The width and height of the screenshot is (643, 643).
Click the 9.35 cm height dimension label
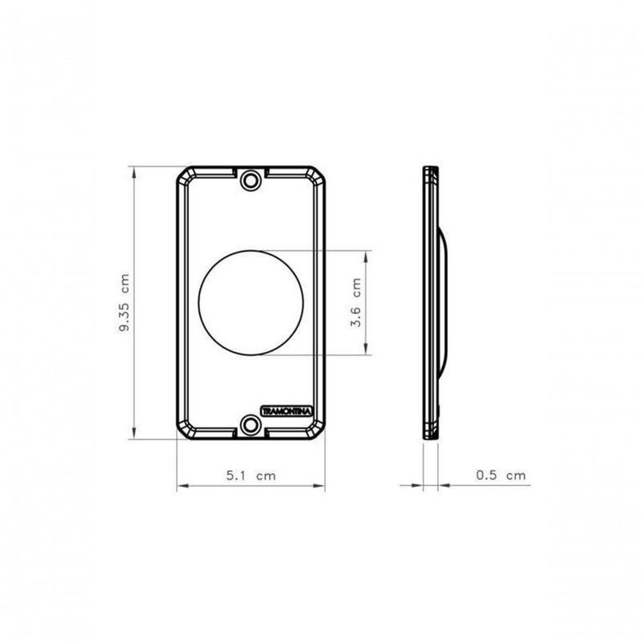(125, 303)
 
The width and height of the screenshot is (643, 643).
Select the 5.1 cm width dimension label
(251, 476)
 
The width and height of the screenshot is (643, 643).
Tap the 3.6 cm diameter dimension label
(356, 302)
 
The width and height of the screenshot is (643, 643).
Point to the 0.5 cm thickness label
(501, 475)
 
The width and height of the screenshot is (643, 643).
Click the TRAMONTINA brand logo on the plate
(287, 411)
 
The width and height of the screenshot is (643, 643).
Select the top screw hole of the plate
(251, 179)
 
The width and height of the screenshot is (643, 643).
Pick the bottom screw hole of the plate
(251, 425)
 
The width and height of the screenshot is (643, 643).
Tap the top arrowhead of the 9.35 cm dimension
(134, 172)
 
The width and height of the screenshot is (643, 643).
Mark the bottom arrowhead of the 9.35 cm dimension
(134, 433)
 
